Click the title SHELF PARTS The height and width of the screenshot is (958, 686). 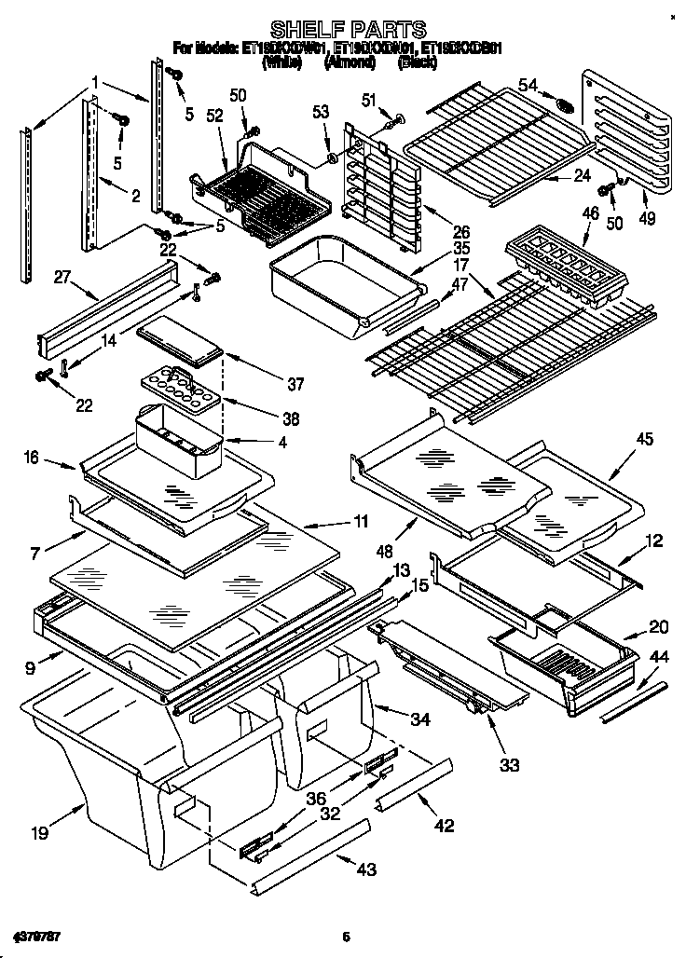pos(349,30)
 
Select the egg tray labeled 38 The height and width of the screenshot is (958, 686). pos(175,387)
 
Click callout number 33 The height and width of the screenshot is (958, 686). pos(507,766)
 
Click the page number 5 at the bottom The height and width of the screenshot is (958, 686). pos(345,937)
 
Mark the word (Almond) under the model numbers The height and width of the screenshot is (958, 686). pos(350,63)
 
